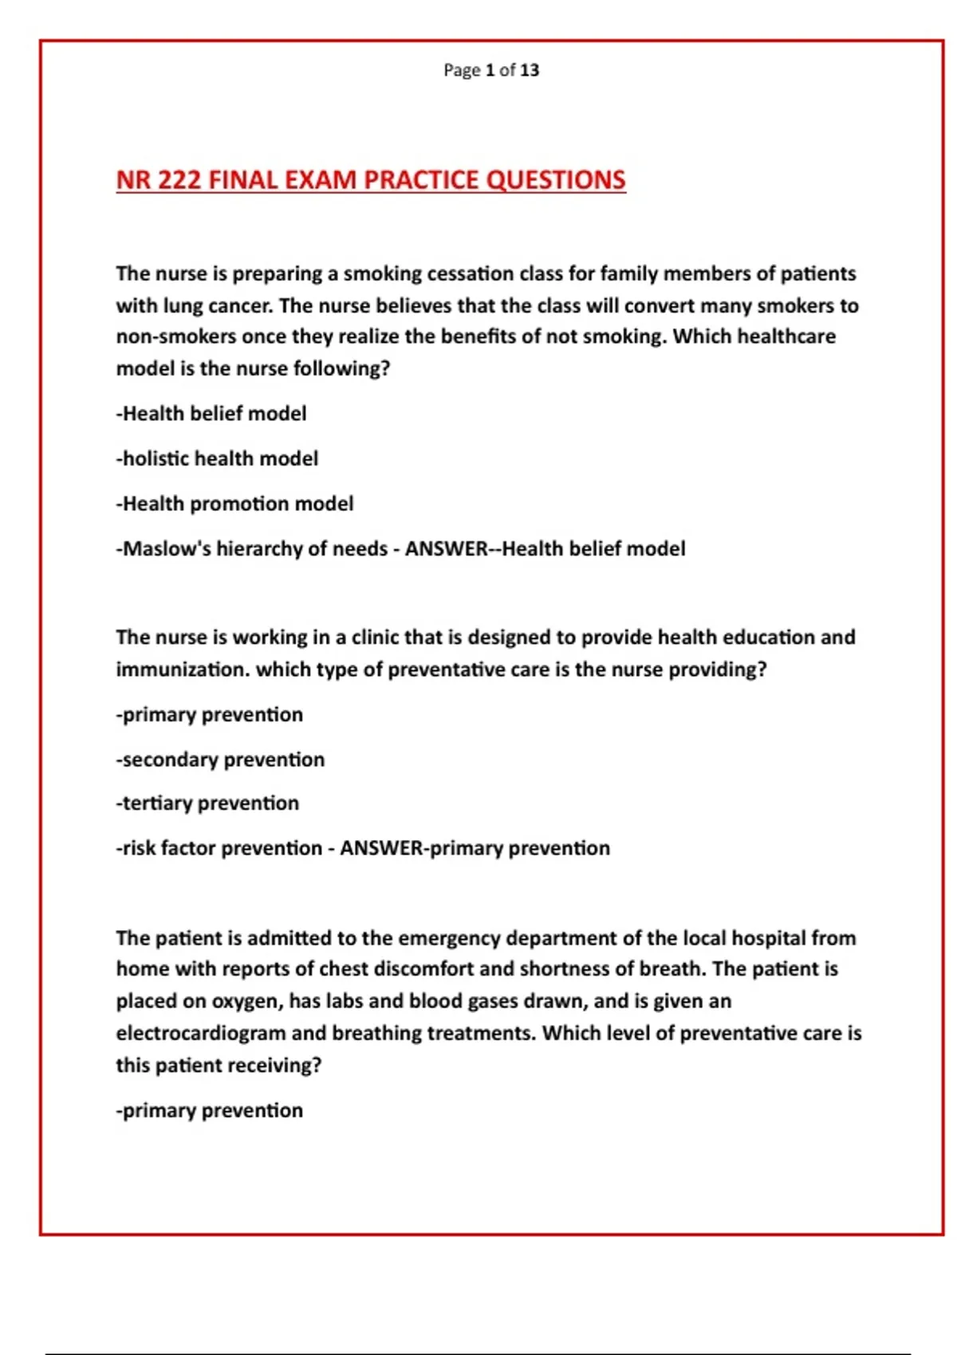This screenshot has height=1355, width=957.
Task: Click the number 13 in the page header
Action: (530, 70)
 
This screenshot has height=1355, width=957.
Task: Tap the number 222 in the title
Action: (179, 180)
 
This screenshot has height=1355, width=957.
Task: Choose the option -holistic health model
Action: (217, 458)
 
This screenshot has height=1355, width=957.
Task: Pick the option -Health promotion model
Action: (234, 504)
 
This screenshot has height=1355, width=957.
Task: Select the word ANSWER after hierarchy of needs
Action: (447, 549)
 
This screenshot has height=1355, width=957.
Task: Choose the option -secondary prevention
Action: (220, 760)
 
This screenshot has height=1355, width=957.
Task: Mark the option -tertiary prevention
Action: (207, 803)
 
